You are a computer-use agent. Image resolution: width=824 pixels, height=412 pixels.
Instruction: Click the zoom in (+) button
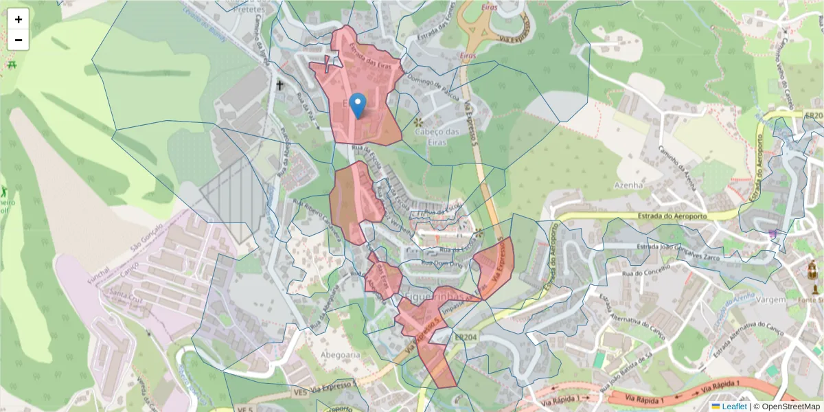coord(19,19)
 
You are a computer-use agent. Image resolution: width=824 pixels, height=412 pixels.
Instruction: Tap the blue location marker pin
coord(357,106)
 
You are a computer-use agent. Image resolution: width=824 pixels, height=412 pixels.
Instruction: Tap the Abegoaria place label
coord(340,355)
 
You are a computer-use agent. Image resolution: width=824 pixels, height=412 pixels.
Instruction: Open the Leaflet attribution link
coord(734,407)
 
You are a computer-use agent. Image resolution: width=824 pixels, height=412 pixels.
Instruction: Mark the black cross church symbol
coord(279,86)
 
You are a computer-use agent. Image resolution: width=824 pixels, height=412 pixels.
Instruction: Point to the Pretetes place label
coord(249,10)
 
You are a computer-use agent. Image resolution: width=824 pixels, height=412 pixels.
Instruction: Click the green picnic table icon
coord(12,64)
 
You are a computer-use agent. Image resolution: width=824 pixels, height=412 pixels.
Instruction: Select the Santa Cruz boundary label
coord(126,297)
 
